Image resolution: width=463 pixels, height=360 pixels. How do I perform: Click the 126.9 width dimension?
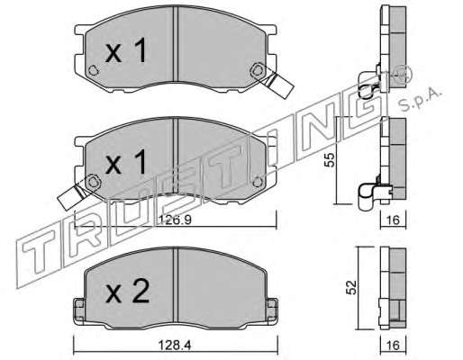pyautogui.click(x=175, y=220)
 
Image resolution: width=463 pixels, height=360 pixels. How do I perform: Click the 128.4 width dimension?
pyautogui.click(x=175, y=346)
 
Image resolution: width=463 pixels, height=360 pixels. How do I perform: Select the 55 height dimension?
pyautogui.click(x=330, y=159)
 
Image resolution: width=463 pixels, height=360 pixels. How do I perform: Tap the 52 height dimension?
pyautogui.click(x=351, y=287)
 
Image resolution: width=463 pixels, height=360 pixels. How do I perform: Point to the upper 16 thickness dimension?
pyautogui.click(x=393, y=220)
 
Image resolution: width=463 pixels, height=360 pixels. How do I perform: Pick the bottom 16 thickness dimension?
pyautogui.click(x=393, y=346)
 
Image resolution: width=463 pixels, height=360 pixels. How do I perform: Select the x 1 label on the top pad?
pyautogui.click(x=126, y=50)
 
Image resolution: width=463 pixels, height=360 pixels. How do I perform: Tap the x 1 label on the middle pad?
pyautogui.click(x=126, y=162)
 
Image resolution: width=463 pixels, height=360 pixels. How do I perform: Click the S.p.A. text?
pyautogui.click(x=421, y=101)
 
